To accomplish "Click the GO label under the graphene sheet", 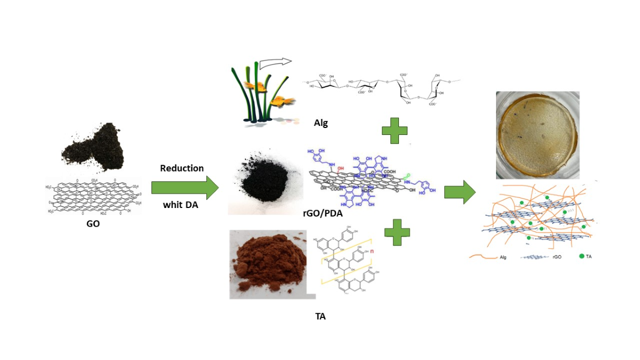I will [x=93, y=224].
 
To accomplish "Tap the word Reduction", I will [x=182, y=168].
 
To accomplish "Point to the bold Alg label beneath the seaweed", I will [x=321, y=123].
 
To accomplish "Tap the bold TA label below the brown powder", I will [x=320, y=316].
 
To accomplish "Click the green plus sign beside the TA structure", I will [x=397, y=233].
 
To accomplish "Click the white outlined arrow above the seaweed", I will [x=277, y=62].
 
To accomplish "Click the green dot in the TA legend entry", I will [x=582, y=257].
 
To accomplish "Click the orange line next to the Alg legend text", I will [x=483, y=257].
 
